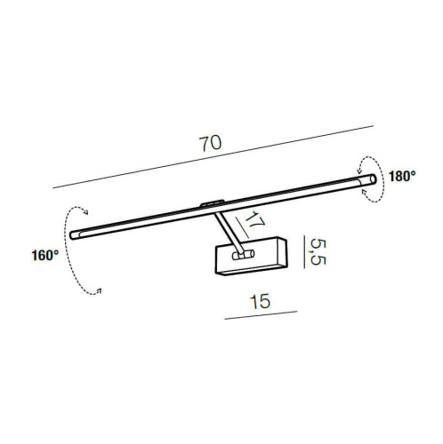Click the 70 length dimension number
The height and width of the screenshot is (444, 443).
click(210, 143)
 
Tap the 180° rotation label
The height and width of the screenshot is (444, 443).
click(402, 177)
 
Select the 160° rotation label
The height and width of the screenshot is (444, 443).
click(45, 256)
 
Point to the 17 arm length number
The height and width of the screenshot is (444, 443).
click(254, 220)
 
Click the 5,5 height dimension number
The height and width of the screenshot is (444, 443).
click(318, 252)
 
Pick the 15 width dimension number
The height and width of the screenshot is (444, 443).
click(261, 301)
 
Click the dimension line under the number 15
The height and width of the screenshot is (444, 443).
click(261, 315)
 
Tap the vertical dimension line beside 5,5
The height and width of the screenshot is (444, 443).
click(304, 252)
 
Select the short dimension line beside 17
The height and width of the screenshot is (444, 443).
click(242, 227)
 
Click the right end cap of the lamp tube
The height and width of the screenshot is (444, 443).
click(373, 179)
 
